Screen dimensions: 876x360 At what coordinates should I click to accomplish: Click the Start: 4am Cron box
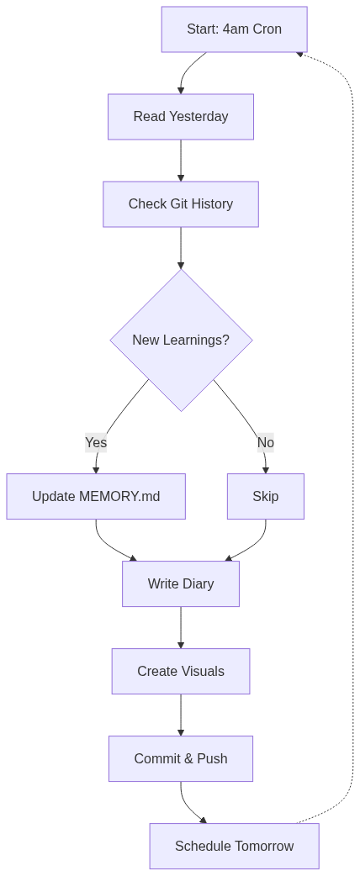tap(234, 29)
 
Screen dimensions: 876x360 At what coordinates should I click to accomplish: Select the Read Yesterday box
tap(180, 117)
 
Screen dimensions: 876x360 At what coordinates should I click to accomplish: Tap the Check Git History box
tap(180, 204)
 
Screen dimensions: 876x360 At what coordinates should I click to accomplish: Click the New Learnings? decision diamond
tap(181, 340)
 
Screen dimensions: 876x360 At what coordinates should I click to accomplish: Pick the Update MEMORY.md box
tap(96, 496)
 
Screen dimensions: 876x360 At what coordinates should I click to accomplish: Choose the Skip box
tap(265, 496)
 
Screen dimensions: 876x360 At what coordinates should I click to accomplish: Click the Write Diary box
tap(180, 583)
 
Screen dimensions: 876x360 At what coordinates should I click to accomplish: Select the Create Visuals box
tap(180, 671)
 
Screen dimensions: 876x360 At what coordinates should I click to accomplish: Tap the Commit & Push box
tap(180, 758)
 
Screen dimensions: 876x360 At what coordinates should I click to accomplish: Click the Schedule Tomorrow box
tap(234, 846)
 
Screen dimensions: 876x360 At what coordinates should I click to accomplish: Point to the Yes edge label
tap(96, 442)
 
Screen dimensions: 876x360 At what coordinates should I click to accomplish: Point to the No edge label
tap(265, 442)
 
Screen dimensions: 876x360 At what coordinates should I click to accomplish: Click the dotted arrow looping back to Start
tap(352, 420)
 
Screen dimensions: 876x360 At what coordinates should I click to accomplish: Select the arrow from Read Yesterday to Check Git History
tap(180, 160)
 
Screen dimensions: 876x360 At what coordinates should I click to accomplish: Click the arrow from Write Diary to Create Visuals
tap(180, 627)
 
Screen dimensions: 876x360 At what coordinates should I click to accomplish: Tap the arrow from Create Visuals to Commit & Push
tap(180, 715)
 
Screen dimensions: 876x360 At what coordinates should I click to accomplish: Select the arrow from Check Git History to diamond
tap(180, 247)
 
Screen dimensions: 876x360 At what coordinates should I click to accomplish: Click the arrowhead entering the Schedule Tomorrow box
tap(203, 820)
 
